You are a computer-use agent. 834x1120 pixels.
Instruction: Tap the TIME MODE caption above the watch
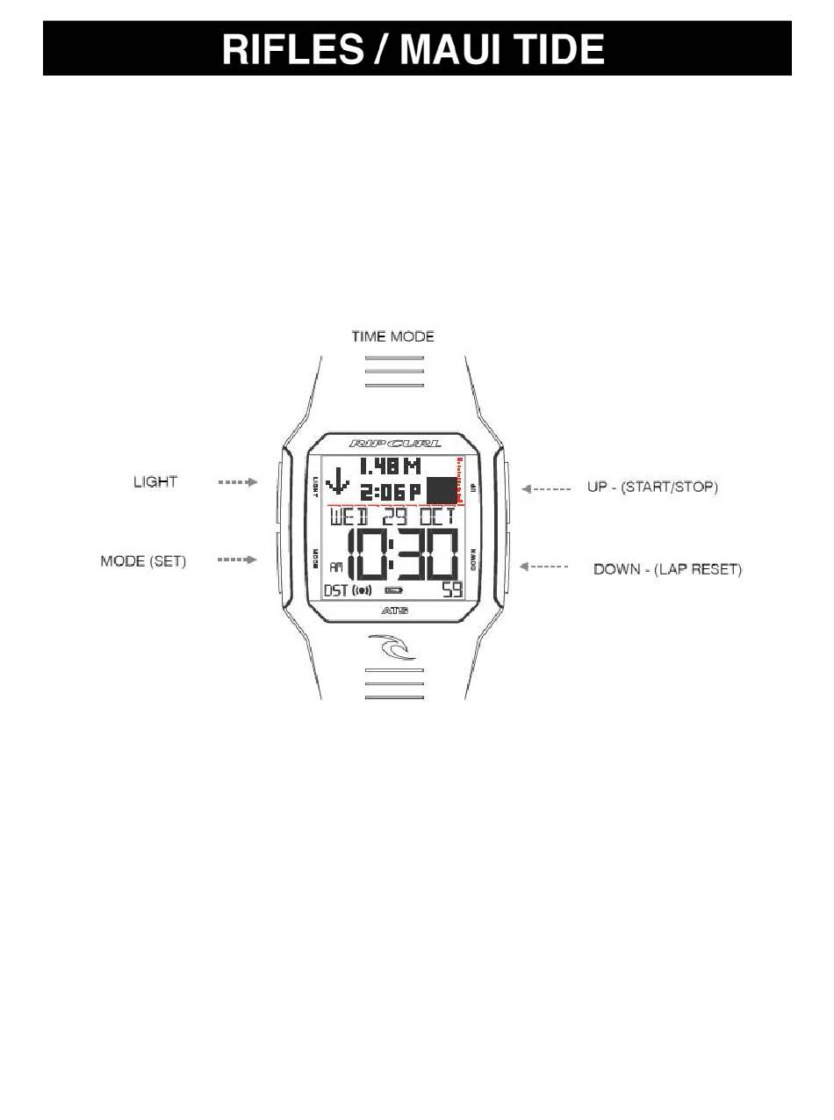392,336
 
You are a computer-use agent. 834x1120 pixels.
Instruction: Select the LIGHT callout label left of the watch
155,481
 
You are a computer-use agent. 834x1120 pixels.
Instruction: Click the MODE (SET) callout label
143,560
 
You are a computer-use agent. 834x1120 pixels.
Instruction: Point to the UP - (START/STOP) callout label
652,487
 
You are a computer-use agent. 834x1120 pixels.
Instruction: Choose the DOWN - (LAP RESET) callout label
667,569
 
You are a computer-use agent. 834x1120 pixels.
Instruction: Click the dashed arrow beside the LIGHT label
237,481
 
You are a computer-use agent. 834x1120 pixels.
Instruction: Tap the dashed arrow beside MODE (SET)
237,560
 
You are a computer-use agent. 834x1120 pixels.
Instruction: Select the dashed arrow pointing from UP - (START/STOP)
546,488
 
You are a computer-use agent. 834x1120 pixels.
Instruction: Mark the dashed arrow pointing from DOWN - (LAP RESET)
546,567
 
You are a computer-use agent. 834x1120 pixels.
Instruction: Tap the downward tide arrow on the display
337,482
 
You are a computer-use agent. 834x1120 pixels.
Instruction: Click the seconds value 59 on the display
451,590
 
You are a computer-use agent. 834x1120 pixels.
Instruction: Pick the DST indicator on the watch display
336,590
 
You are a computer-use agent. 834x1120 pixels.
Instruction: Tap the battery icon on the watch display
392,590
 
